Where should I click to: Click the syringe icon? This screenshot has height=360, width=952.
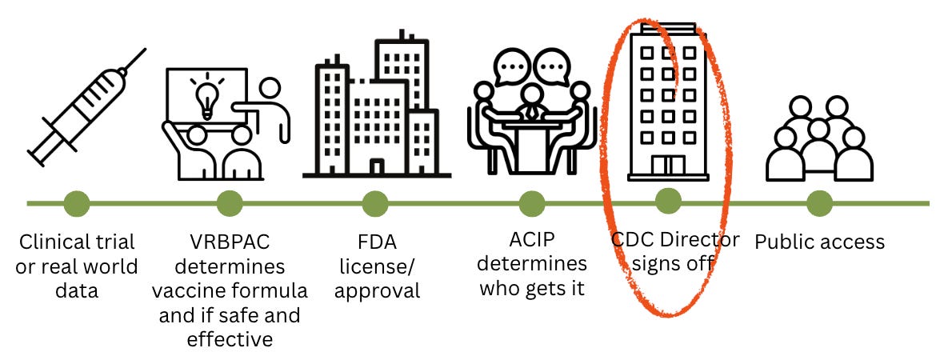pyautogui.click(x=85, y=104)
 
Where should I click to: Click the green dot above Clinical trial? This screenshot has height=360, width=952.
pyautogui.click(x=76, y=203)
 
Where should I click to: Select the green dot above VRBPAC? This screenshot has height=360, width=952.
pyautogui.click(x=229, y=203)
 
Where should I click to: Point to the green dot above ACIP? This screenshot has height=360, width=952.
pyautogui.click(x=531, y=203)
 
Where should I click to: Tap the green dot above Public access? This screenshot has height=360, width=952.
pyautogui.click(x=819, y=203)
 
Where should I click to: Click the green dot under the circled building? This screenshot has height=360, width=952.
pyautogui.click(x=668, y=202)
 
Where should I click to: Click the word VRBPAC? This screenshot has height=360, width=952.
pyautogui.click(x=230, y=242)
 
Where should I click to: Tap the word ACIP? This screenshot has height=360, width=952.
pyautogui.click(x=533, y=239)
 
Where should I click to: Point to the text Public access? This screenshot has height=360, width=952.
pyautogui.click(x=820, y=241)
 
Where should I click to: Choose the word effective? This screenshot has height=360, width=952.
pyautogui.click(x=230, y=338)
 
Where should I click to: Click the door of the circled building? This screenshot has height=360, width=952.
pyautogui.click(x=668, y=166)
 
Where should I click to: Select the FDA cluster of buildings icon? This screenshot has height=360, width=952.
pyautogui.click(x=376, y=108)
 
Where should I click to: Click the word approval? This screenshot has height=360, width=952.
pyautogui.click(x=378, y=290)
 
